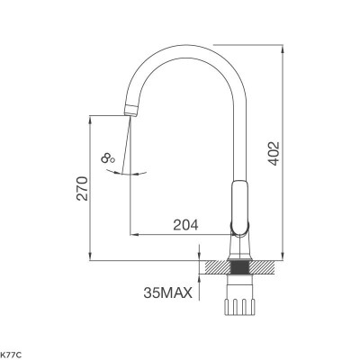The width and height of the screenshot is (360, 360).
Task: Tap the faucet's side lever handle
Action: point(238,202)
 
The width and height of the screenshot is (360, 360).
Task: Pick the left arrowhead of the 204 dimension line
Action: point(135,232)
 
